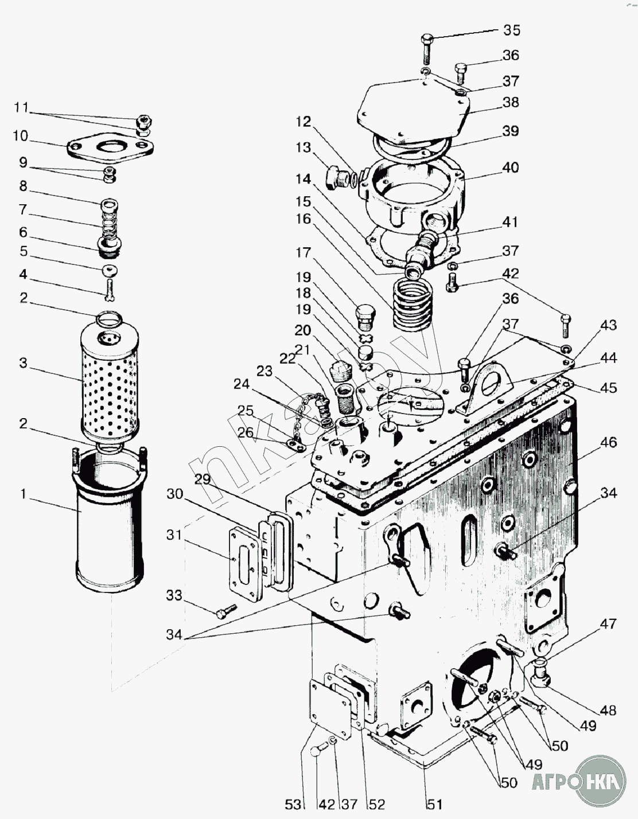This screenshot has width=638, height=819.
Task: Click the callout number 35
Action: [511, 30]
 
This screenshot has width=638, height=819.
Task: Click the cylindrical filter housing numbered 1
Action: [110, 528]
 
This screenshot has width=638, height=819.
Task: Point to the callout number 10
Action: [20, 136]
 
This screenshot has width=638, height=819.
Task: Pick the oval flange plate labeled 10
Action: [110, 148]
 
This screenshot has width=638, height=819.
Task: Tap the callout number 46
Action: [608, 442]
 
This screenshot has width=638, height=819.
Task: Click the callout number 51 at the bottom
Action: [435, 804]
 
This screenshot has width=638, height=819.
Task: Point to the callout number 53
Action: [293, 804]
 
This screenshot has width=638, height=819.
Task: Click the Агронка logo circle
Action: [601, 780]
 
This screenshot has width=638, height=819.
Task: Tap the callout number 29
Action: [202, 480]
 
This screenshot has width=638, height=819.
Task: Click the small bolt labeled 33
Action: [226, 611]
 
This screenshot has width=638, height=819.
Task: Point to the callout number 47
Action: [608, 623]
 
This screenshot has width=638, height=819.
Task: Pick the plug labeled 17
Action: [365, 315]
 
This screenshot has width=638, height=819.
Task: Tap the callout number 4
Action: [23, 274]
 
